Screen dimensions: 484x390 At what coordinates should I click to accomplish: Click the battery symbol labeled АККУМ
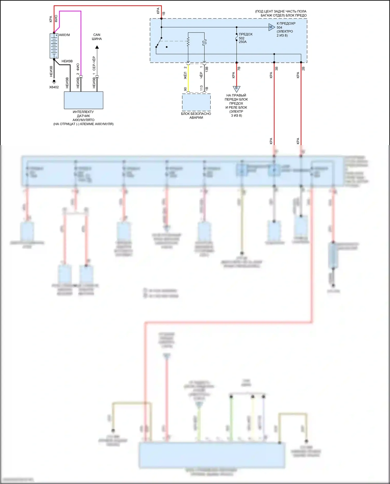(x=54, y=46)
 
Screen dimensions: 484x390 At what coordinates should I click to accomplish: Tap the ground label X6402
(x=54, y=87)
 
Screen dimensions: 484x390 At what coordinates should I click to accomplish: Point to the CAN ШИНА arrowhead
(x=97, y=47)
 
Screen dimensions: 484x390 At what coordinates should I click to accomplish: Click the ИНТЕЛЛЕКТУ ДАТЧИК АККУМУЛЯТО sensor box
(x=83, y=100)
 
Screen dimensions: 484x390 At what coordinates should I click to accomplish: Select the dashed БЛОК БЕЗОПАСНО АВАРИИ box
(x=196, y=102)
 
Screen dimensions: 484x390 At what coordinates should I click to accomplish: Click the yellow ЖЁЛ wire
(x=188, y=78)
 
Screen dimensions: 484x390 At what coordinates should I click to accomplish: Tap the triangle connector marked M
(x=271, y=27)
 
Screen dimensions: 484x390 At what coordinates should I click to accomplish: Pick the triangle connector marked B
(x=236, y=89)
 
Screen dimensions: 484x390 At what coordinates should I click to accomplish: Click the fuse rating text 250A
(x=243, y=42)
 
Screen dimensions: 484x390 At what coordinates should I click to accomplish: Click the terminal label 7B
(x=239, y=68)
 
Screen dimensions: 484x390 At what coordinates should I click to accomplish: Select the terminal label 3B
(x=277, y=68)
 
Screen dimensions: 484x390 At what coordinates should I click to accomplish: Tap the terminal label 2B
(x=303, y=68)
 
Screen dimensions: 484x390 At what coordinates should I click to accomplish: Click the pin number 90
(x=185, y=89)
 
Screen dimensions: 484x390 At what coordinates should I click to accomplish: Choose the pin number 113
(x=201, y=88)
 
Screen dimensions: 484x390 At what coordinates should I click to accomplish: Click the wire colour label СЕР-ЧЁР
(x=94, y=63)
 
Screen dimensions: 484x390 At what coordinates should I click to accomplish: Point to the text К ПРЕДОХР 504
(x=286, y=25)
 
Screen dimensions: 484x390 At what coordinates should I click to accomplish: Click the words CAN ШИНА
(x=97, y=37)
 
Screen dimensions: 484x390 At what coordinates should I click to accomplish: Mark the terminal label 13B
(x=207, y=69)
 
